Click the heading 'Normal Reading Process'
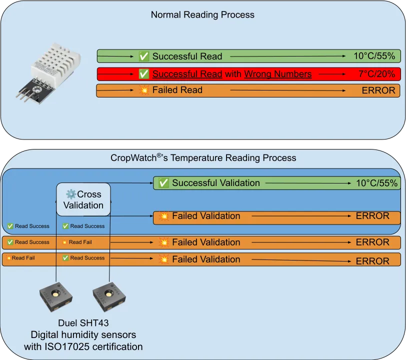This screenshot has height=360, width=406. (x=202, y=15)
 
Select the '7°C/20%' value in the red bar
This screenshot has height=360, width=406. (x=376, y=74)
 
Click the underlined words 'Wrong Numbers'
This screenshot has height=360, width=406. (x=277, y=74)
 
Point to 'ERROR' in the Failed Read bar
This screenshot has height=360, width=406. (x=378, y=90)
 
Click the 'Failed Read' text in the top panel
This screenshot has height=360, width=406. (x=177, y=90)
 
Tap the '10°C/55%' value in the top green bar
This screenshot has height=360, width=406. (x=374, y=56)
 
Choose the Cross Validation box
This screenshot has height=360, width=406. (x=83, y=199)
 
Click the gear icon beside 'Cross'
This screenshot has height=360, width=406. (x=71, y=194)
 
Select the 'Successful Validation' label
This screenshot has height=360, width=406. (x=215, y=183)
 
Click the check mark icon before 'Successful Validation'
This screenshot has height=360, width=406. (x=163, y=183)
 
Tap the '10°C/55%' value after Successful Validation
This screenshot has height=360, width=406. (x=376, y=183)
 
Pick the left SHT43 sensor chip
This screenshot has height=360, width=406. (x=56, y=298)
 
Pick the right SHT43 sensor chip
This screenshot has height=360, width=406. (x=109, y=298)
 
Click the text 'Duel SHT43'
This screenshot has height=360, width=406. (x=83, y=323)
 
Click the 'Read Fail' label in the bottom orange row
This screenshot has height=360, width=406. (x=23, y=258)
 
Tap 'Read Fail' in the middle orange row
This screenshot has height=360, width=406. (x=80, y=242)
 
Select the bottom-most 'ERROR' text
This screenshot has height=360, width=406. (x=372, y=260)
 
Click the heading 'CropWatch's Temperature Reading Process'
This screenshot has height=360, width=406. (x=203, y=158)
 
